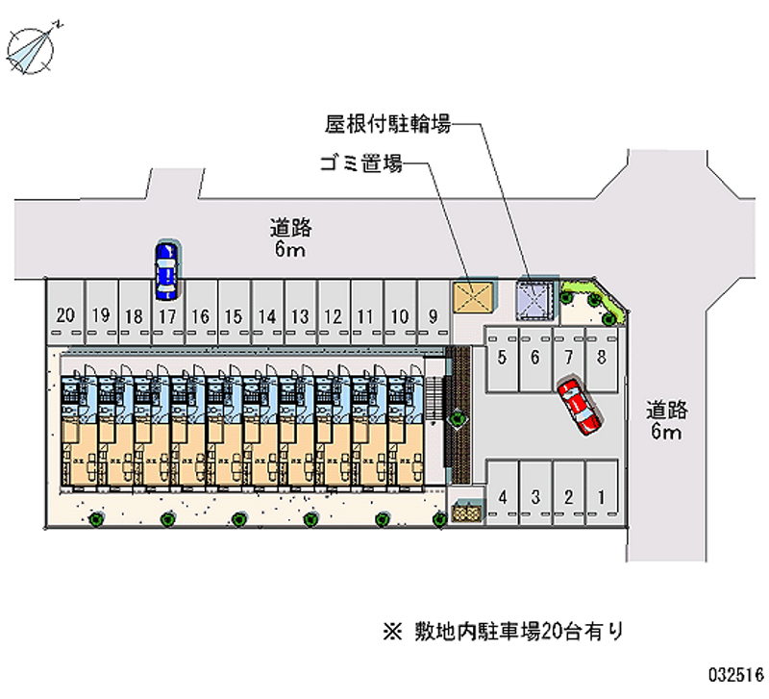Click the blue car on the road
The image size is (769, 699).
(x=166, y=268)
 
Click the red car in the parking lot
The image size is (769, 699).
(x=580, y=406)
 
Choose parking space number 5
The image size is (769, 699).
(x=503, y=358)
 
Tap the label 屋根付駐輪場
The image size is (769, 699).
(x=386, y=124)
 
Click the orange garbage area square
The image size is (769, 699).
(x=474, y=297)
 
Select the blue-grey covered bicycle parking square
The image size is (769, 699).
(x=535, y=298)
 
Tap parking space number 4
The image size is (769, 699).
(x=503, y=497)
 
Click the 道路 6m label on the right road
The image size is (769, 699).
(x=666, y=420)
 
